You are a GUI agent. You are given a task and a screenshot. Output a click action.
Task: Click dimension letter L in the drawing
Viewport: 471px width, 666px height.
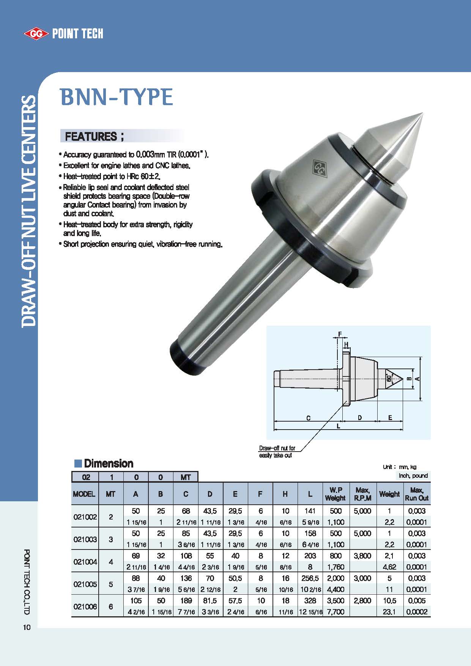click(339, 426)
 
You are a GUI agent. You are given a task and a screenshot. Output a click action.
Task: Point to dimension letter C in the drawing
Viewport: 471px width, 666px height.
click(308, 418)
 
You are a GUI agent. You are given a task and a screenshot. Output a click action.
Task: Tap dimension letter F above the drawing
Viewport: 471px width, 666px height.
click(340, 334)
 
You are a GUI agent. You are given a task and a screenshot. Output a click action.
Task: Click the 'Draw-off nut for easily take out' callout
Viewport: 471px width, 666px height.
click(277, 452)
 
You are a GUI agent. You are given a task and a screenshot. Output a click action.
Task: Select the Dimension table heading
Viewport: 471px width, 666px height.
click(108, 463)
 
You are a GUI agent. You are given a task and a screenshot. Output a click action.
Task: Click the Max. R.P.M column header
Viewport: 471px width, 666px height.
click(362, 494)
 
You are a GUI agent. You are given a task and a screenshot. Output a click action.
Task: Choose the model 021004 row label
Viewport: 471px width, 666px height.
click(85, 562)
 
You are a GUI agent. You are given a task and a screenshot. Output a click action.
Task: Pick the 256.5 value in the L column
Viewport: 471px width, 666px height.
click(310, 578)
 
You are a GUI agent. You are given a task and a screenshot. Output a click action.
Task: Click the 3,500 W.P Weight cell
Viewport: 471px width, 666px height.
click(336, 601)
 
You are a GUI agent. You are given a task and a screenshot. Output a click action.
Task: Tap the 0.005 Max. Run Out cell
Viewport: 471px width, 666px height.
click(417, 601)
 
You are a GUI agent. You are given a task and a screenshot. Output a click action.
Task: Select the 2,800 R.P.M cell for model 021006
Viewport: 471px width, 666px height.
click(362, 601)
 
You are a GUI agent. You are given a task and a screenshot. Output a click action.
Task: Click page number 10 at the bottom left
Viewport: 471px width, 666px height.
click(27, 627)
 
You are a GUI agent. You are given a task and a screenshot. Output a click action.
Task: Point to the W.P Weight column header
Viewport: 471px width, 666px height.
click(336, 494)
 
